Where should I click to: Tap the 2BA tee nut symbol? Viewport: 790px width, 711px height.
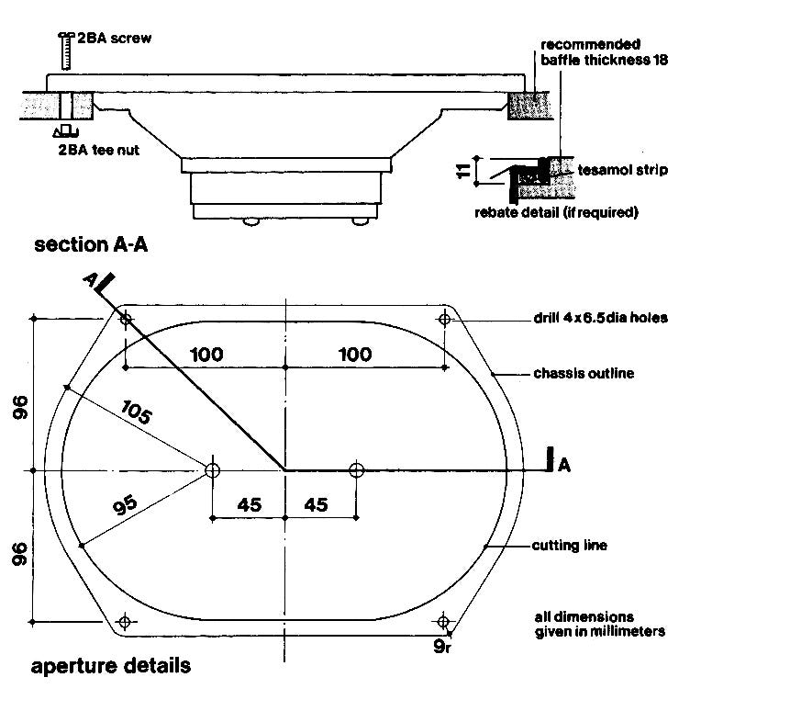click(x=65, y=131)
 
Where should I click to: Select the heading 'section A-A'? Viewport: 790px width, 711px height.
click(x=91, y=244)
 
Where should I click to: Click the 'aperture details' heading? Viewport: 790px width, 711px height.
click(x=111, y=666)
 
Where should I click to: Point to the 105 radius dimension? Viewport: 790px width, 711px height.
click(x=136, y=412)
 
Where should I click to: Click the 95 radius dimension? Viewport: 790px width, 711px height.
click(x=125, y=505)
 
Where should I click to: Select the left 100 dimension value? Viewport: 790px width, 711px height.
click(x=206, y=355)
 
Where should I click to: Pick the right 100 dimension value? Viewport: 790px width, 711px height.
click(x=355, y=355)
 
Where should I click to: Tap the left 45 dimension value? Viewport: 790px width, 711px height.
click(x=250, y=504)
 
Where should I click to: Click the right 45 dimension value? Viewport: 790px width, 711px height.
click(x=316, y=504)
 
